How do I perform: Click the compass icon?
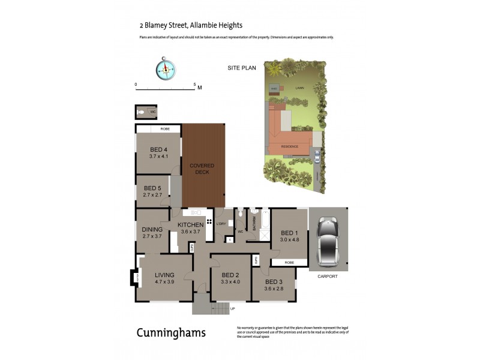pos(166,69)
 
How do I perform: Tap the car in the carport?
pos(329,241)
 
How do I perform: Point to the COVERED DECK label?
pos(202,169)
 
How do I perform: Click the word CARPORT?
pos(328,277)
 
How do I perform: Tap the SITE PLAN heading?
pos(242,68)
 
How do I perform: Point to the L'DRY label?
pos(221,224)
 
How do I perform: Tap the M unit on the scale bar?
pos(200,88)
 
